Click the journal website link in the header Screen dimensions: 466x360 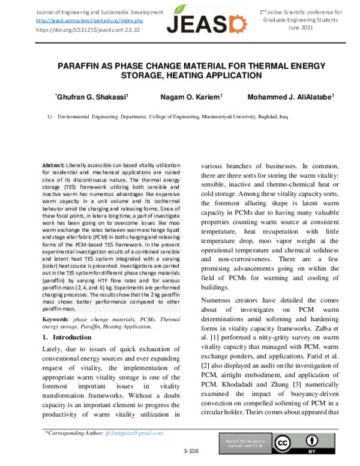89,20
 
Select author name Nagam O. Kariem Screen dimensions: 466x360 191,97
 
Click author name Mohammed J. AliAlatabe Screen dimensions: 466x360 290,97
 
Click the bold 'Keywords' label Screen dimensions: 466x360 55,319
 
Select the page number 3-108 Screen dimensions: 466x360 191,450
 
